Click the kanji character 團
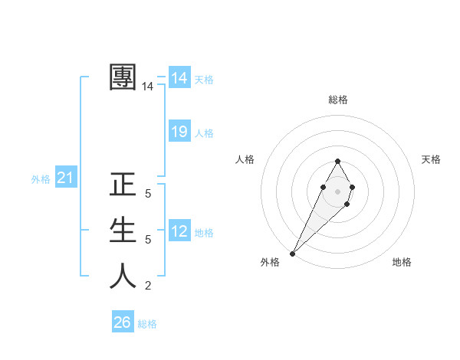coord(123,77)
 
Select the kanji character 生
coord(123,230)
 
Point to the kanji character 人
coord(123,276)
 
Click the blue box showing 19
coord(179,132)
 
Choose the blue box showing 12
coord(179,231)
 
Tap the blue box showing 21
coord(65,178)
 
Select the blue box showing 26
coord(123,322)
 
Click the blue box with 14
coord(179,78)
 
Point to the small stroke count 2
coord(148,286)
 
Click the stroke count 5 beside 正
coord(148,195)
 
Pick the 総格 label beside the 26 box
coord(147,324)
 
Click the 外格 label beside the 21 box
coord(41,179)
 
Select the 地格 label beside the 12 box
coord(204,233)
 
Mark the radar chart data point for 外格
coord(292,253)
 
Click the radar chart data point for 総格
coord(337,161)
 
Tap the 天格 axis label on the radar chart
coord(431,159)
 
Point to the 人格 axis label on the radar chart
coord(245,159)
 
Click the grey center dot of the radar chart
coord(337,191)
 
